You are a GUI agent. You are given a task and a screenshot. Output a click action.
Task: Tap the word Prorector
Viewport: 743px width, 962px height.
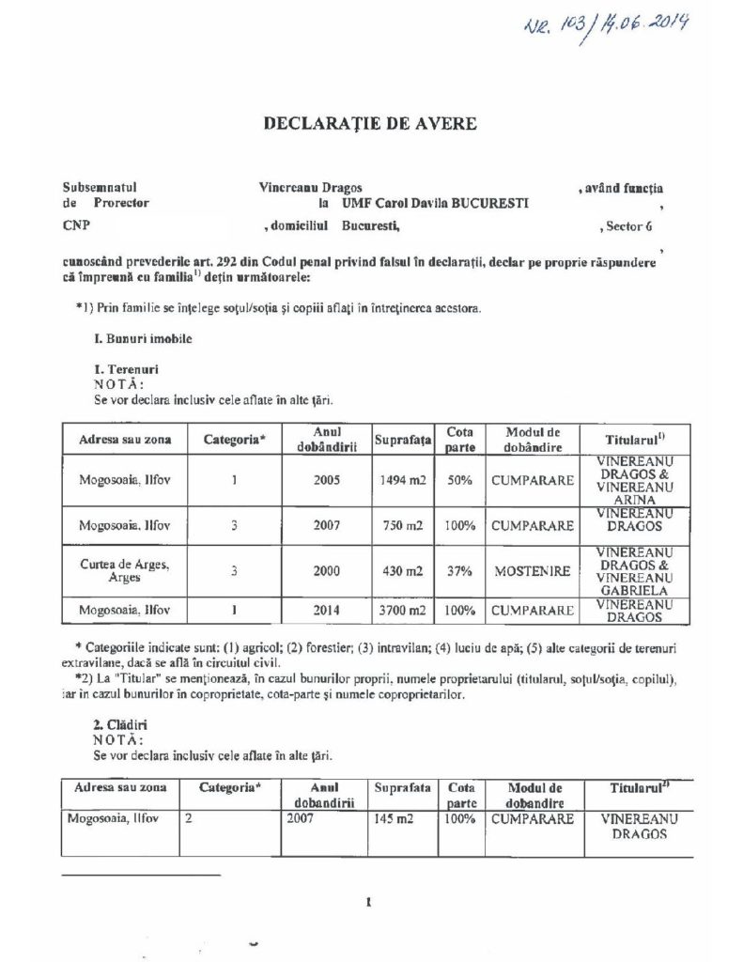[121, 202]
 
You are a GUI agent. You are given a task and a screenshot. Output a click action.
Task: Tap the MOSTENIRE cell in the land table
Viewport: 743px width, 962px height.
[532, 571]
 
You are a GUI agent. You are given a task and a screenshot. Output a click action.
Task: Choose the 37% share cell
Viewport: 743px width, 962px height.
[459, 571]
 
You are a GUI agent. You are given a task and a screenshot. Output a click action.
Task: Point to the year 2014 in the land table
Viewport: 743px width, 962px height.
[323, 611]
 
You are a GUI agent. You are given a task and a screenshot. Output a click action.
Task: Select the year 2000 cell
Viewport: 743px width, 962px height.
[323, 571]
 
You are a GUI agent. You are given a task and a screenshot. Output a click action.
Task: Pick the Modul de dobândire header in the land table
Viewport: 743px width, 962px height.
[532, 439]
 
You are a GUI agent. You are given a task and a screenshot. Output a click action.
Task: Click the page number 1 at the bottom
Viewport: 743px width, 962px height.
[370, 905]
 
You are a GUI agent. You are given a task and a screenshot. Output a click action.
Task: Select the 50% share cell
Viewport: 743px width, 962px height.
[459, 480]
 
